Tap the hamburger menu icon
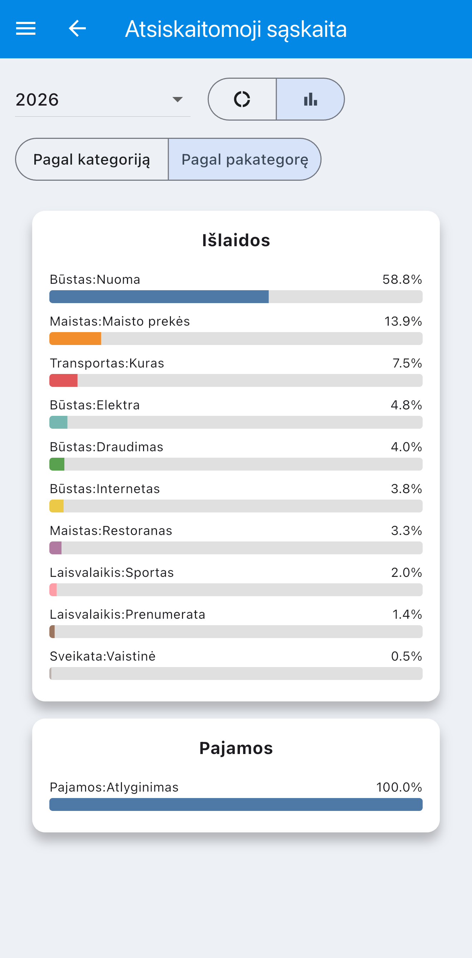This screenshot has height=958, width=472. [x=26, y=28]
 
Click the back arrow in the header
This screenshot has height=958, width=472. [x=77, y=28]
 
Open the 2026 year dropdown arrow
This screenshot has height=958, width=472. [x=178, y=99]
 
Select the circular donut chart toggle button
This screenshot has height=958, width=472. [x=242, y=99]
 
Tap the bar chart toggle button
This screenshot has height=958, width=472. [x=310, y=99]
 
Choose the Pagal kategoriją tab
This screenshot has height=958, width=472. [x=92, y=160]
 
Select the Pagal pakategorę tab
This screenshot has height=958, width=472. [x=245, y=160]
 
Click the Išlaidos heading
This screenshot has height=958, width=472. [x=236, y=240]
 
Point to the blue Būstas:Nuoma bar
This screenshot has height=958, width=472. [x=159, y=297]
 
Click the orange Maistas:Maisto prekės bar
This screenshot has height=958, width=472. [x=75, y=339]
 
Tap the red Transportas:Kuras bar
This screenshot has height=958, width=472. [x=64, y=380]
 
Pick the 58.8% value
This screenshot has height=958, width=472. [x=402, y=279]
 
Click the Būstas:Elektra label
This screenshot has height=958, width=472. [x=95, y=405]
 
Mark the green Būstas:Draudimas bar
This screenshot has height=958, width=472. [x=57, y=464]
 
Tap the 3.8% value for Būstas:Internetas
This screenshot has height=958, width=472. [x=406, y=489]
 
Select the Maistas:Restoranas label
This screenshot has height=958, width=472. [x=111, y=531]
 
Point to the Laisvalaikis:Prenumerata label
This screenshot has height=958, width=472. [x=128, y=614]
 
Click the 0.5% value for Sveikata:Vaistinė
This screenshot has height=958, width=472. [x=406, y=656]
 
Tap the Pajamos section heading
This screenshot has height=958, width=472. [x=236, y=748]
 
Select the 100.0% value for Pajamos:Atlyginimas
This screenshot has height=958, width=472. [x=399, y=787]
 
